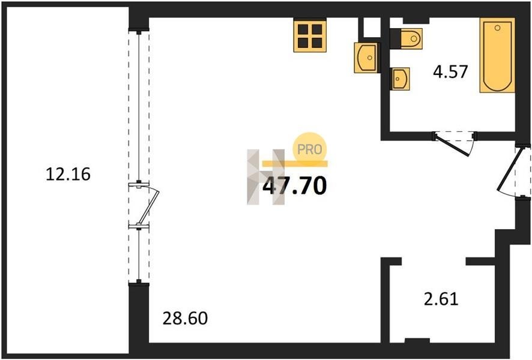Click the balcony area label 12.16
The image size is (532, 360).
[x=68, y=174]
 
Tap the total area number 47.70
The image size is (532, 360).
[x=294, y=186]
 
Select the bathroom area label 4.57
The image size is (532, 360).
[x=450, y=71]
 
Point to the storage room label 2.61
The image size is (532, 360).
[x=441, y=299]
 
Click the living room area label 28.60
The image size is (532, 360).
[x=185, y=319]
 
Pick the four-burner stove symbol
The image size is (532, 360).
[x=310, y=36]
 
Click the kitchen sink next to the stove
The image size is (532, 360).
[x=366, y=58]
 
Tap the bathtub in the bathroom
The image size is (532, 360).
[x=497, y=55]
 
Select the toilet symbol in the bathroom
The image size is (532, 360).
[x=411, y=38]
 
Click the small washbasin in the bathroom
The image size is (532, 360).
[x=401, y=79]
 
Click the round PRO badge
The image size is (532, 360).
[x=309, y=149]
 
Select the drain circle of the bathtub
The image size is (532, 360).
[x=497, y=28]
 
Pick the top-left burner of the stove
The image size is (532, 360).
[x=303, y=29]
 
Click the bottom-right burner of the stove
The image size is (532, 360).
[x=317, y=43]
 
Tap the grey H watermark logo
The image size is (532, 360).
[x=265, y=177]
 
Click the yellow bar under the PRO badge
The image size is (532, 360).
[x=295, y=164]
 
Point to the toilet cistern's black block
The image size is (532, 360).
[x=395, y=38]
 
